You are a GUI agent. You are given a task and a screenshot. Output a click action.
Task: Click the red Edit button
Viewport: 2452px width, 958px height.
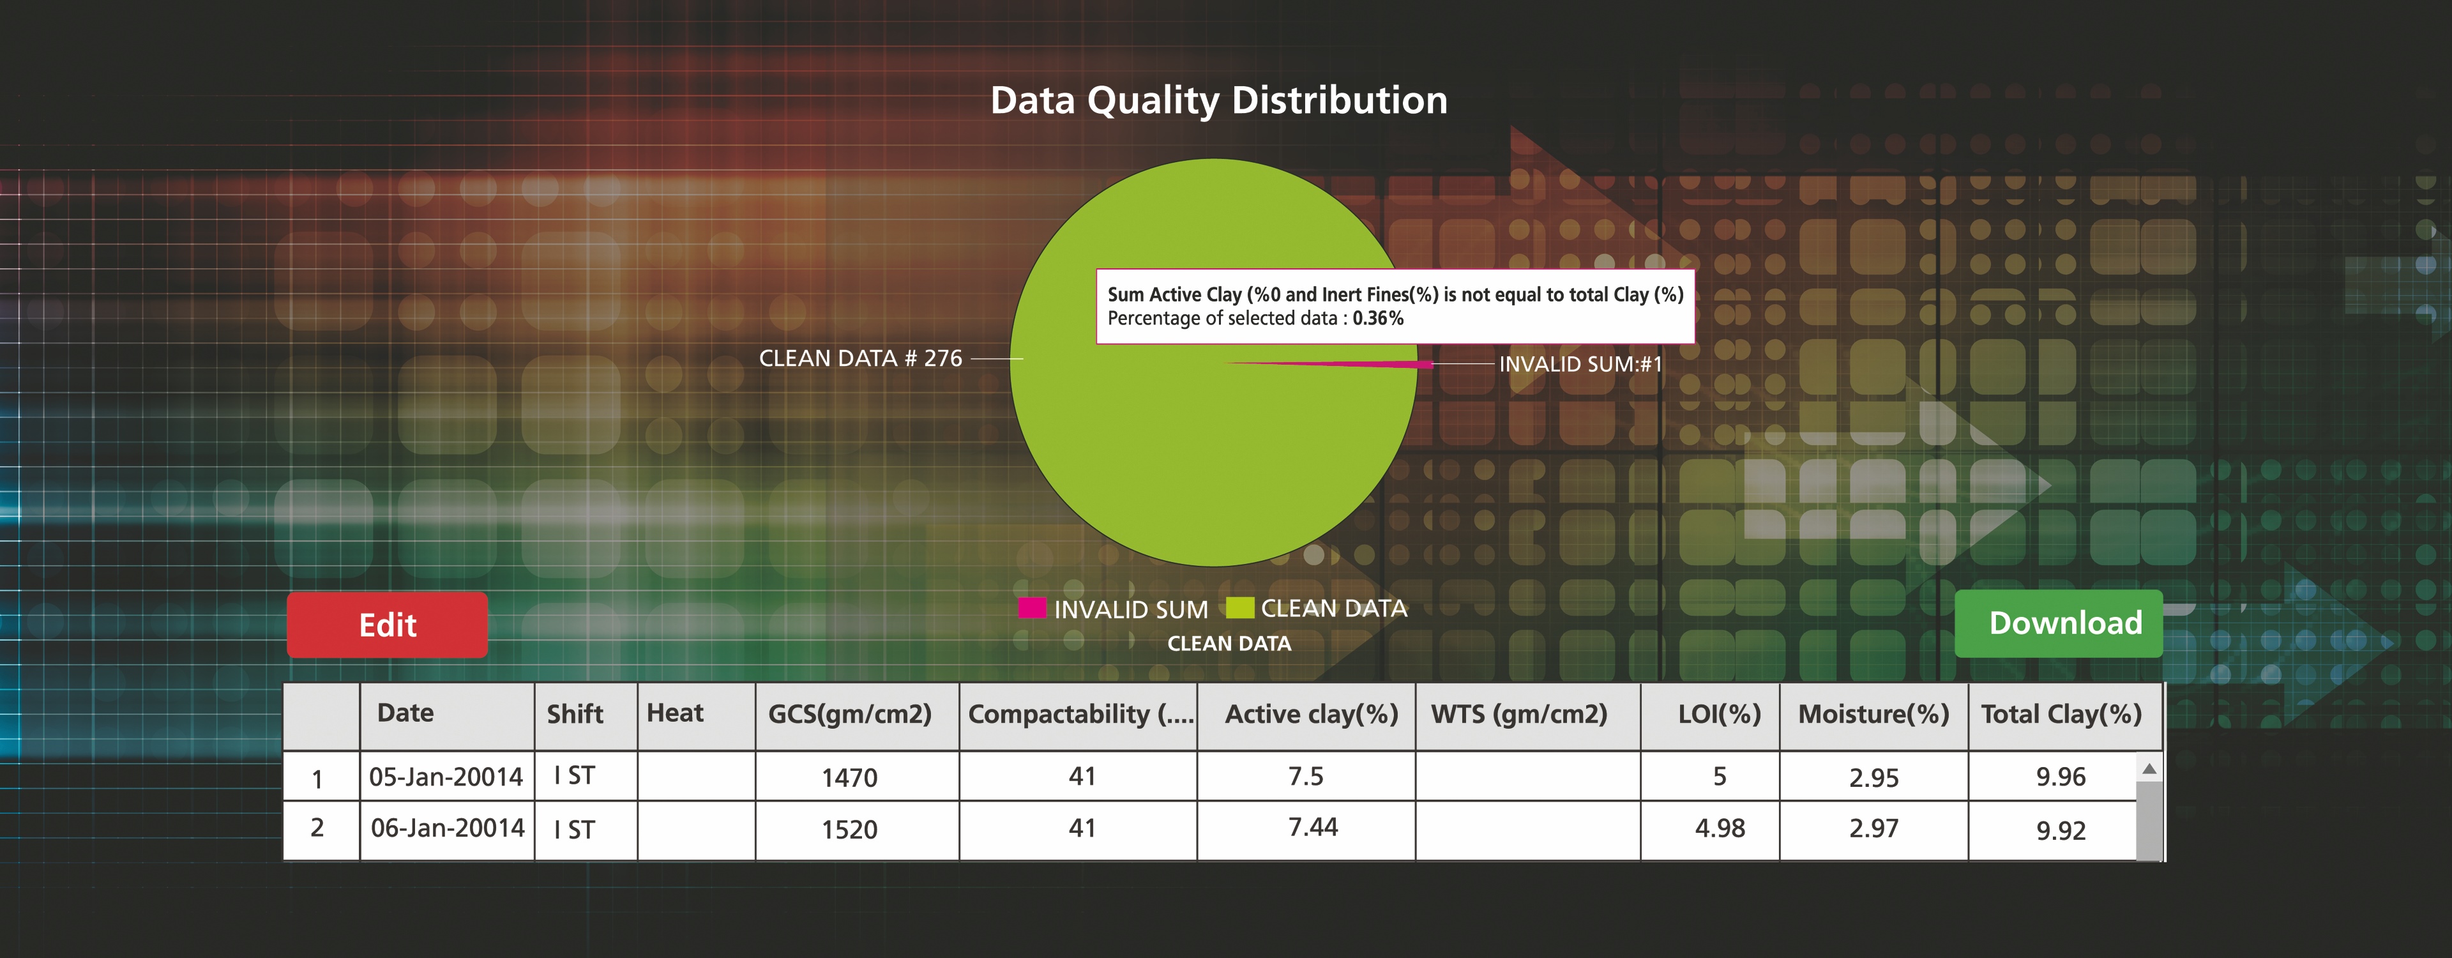388,625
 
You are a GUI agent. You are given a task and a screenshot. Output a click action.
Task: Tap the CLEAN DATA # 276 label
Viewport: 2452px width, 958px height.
861,358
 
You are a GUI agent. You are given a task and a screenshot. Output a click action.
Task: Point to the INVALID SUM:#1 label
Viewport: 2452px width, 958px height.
1580,364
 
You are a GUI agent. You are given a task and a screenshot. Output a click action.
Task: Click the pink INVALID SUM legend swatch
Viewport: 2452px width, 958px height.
1032,607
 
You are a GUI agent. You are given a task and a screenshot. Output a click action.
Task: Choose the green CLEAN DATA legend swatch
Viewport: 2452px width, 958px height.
1239,607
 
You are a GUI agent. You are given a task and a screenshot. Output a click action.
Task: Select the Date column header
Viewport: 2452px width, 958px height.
405,713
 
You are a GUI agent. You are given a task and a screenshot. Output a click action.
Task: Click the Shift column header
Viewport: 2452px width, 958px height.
575,714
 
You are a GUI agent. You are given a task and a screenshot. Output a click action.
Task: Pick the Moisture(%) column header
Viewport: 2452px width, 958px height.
1873,714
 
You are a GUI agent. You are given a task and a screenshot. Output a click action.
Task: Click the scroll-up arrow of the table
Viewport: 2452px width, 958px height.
2148,768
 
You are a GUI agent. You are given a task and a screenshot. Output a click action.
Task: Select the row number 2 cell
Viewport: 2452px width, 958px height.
317,828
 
